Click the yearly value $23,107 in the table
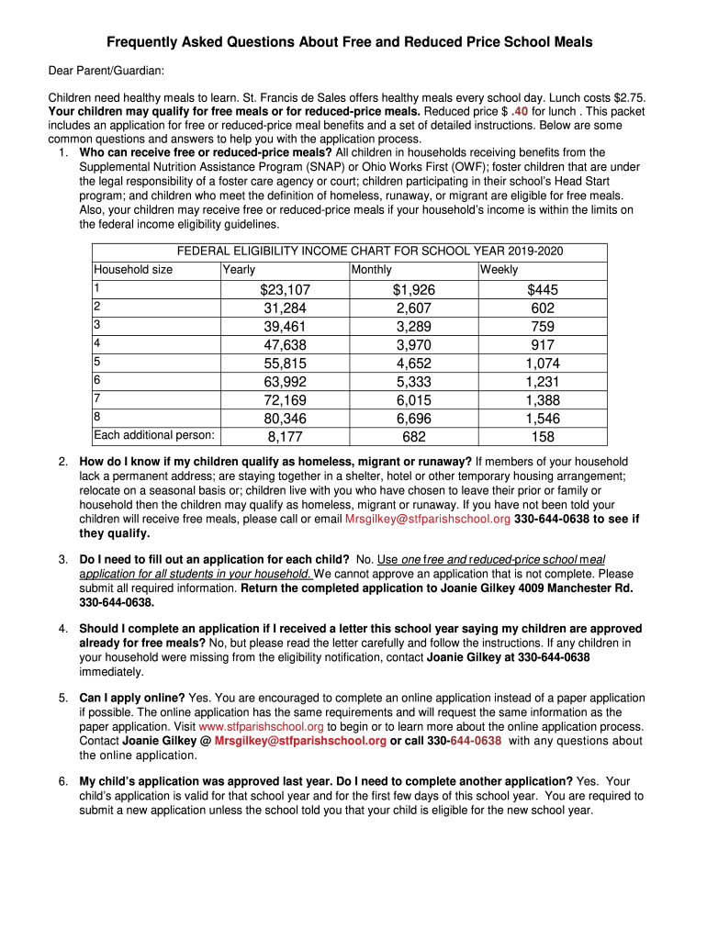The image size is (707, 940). tap(285, 290)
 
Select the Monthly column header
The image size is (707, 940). tap(371, 270)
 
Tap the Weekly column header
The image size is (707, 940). tap(499, 270)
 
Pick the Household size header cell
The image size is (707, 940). tap(133, 270)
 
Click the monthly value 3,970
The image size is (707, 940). tap(413, 345)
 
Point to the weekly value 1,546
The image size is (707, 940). tap(543, 419)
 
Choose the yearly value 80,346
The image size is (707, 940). tap(285, 419)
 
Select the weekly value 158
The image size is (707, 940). tap(543, 437)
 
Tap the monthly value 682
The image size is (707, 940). tap(413, 437)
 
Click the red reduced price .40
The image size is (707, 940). tap(519, 112)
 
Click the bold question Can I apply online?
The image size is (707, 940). tap(132, 698)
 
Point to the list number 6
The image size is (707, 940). tap(63, 781)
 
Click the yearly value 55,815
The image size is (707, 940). tap(285, 364)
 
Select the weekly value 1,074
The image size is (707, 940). tap(543, 364)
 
